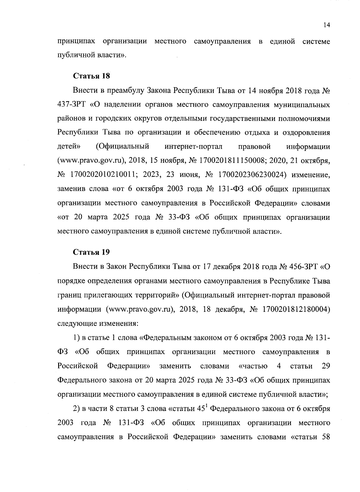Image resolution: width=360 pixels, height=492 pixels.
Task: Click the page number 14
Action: click(x=327, y=25)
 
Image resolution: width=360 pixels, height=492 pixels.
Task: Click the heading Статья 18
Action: click(x=91, y=76)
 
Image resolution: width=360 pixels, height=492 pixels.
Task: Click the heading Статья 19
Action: click(x=91, y=252)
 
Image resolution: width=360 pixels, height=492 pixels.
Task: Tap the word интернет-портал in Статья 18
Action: click(x=193, y=147)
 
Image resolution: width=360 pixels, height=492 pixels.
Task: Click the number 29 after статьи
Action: click(x=325, y=366)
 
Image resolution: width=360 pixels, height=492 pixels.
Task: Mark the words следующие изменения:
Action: click(x=97, y=324)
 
